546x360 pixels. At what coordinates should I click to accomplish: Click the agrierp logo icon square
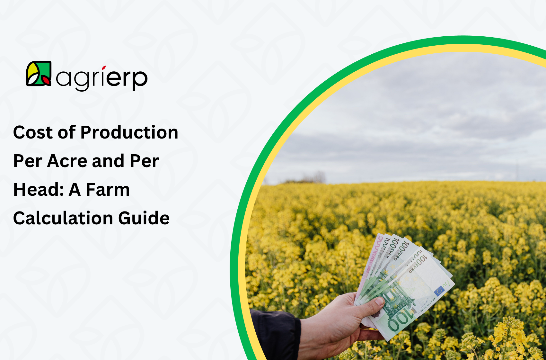(x=39, y=73)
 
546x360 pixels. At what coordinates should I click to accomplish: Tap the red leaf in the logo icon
(x=46, y=80)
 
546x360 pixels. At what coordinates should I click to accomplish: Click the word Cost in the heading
(x=33, y=132)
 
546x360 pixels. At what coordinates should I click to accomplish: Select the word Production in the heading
(x=129, y=132)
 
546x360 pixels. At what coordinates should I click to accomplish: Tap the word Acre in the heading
(x=67, y=161)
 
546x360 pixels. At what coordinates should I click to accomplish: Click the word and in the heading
(x=108, y=161)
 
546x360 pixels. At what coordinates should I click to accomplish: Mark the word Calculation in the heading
(x=63, y=218)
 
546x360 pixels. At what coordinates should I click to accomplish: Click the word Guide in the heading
(x=144, y=218)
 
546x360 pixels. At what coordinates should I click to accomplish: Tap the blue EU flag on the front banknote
(x=439, y=291)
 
